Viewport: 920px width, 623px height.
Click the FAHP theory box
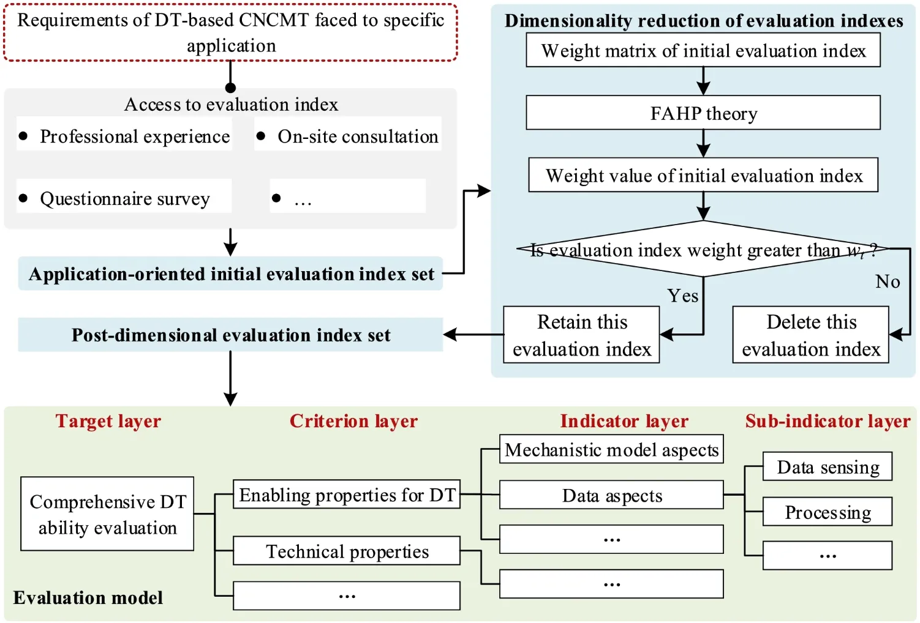pos(703,113)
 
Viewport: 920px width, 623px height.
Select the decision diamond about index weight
pos(703,249)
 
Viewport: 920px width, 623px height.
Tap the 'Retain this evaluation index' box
pos(581,335)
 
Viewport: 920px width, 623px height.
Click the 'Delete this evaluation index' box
pos(810,335)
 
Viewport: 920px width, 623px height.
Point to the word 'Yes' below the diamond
pos(682,296)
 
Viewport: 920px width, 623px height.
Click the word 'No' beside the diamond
pos(888,282)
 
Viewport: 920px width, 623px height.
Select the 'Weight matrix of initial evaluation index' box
pos(703,51)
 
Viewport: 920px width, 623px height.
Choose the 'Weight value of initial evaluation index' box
pos(703,176)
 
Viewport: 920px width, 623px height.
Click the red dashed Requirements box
pos(231,33)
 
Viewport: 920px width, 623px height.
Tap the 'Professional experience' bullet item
pos(124,136)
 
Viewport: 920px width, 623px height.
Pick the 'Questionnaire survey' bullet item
pos(124,198)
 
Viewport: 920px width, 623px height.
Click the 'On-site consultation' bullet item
pos(348,136)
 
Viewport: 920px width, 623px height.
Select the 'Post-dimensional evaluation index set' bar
pos(230,335)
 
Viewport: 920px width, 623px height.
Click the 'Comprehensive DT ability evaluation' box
pos(107,514)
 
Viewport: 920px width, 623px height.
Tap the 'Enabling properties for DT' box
pos(347,494)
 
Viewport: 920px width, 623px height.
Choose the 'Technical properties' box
pos(347,551)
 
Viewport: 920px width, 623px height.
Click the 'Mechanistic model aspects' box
pos(611,450)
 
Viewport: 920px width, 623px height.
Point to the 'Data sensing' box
pos(828,467)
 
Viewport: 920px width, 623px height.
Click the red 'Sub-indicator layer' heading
pos(828,421)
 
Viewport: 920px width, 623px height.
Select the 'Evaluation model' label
pos(88,598)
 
